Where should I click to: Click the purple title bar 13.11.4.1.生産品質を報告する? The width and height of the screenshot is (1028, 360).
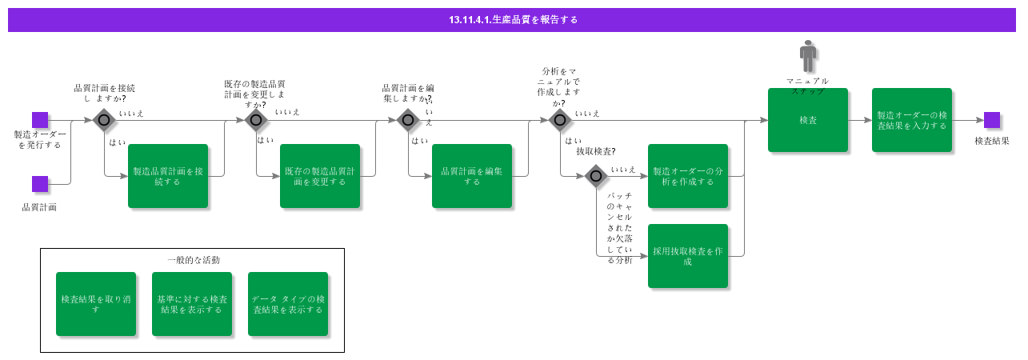tap(512, 19)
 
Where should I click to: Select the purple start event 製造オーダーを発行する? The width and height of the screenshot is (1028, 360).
tap(40, 120)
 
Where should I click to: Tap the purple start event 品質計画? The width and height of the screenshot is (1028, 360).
tap(40, 184)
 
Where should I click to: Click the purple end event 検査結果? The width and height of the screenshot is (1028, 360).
tap(992, 120)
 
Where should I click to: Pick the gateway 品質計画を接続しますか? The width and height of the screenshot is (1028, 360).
tap(104, 120)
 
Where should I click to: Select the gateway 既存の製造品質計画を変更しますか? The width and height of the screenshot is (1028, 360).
tap(256, 120)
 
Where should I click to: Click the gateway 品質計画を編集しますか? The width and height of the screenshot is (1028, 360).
tap(408, 120)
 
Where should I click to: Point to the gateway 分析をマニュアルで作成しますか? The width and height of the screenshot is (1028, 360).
tap(560, 120)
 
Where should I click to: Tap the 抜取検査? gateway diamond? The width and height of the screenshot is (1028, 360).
tap(595, 176)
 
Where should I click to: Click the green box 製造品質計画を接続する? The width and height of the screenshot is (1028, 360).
tap(168, 176)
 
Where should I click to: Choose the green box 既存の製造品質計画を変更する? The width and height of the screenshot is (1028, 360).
tap(320, 176)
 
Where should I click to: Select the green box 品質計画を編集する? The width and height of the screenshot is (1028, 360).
tap(472, 176)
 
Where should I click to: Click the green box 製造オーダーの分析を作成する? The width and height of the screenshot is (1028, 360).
tap(688, 176)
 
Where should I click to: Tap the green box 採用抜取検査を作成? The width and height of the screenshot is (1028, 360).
tap(688, 256)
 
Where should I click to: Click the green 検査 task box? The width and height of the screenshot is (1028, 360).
tap(808, 120)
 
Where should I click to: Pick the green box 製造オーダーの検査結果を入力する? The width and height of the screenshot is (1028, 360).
tap(912, 120)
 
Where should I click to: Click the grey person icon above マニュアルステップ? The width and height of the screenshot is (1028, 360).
tap(808, 58)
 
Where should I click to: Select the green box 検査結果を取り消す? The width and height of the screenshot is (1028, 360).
tap(96, 304)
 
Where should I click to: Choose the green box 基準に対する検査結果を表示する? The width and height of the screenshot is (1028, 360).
tap(192, 304)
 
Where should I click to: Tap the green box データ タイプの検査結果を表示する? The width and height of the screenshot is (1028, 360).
tap(288, 304)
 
